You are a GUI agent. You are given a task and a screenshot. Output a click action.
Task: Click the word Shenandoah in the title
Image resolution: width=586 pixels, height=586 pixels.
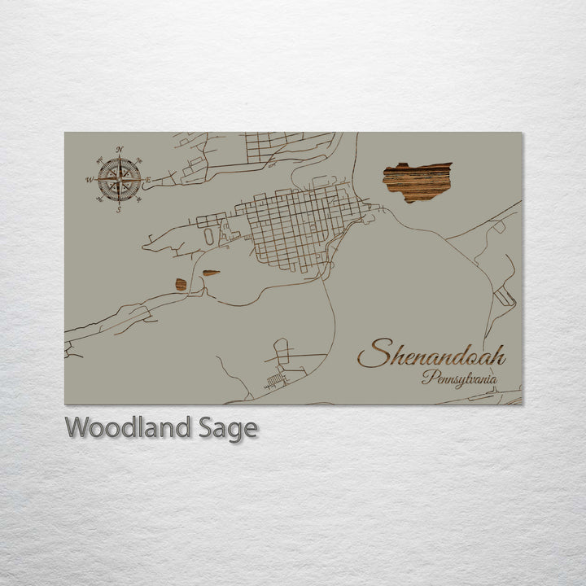pos(431,356)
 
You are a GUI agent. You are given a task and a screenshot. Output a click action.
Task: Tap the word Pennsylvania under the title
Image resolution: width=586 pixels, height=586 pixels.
pos(459,378)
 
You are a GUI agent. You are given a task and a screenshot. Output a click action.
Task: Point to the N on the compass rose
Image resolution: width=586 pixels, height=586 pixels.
pos(120,149)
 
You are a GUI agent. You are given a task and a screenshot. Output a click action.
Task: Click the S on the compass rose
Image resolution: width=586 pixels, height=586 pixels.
pos(118,210)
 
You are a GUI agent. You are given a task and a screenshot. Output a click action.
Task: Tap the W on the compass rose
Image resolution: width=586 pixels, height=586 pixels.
pos(90,179)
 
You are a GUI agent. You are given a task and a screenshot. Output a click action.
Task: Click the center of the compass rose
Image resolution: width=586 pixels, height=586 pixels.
pos(119,179)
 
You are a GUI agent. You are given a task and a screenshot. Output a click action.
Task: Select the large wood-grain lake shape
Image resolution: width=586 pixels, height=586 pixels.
pos(417,181)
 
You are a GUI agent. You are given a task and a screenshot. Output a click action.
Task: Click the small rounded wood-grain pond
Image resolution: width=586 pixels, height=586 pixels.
pos(180,284)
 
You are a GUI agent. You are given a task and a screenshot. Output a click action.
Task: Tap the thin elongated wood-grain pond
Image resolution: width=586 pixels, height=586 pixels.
pos(211,273)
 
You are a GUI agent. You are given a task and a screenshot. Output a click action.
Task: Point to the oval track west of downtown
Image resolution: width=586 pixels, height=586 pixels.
pos(209,235)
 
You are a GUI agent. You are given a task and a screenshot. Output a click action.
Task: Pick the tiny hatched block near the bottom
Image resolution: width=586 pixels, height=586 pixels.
pos(276,380)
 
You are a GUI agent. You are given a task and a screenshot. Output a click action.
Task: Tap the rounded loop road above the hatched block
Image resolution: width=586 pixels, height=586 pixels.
pos(281,350)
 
